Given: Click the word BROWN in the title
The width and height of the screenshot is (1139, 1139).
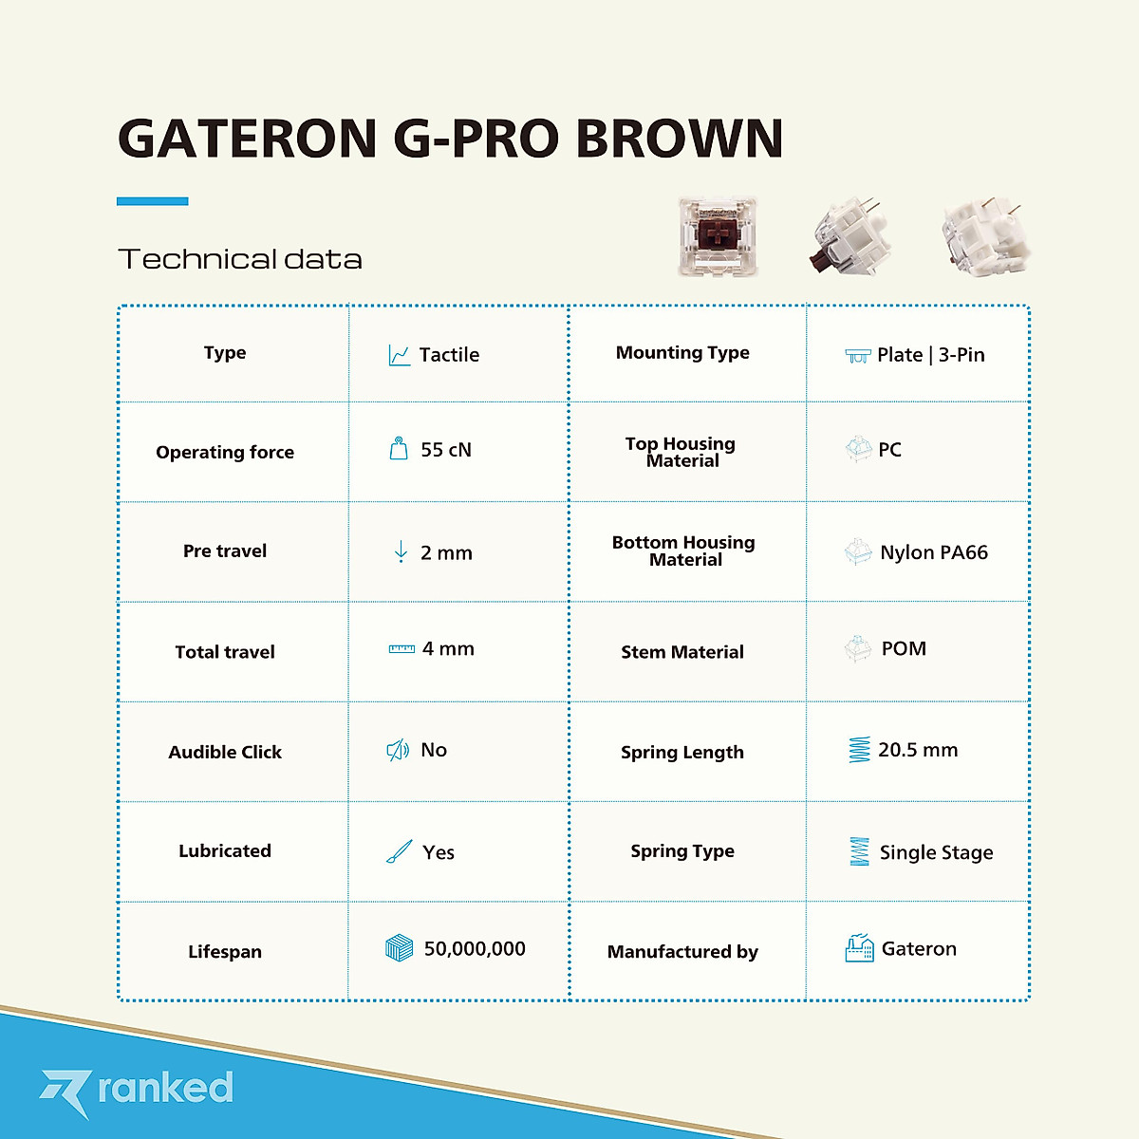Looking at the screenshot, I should pos(679,139).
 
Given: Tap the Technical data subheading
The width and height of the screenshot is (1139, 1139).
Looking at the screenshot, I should pos(239,259).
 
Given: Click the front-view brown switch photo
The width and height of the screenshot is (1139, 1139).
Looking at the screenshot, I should pos(718,237).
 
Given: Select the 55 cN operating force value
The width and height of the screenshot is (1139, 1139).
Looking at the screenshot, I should pos(446,450).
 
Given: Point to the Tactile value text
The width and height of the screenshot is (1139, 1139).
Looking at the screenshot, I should pos(449,355).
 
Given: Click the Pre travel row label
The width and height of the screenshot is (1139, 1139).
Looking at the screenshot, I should pos(225,551).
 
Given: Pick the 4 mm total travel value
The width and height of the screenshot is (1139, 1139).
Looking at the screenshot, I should pos(448,649).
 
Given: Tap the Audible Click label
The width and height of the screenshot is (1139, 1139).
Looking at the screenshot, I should pos(225,753).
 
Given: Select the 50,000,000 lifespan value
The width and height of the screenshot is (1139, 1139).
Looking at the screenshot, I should pos(475,949).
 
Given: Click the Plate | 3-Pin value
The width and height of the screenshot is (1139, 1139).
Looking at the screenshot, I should pos(930,355).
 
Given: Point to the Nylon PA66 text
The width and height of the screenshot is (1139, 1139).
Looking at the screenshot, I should pos(934,552).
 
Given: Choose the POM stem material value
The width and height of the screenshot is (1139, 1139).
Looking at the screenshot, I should pos(904,649).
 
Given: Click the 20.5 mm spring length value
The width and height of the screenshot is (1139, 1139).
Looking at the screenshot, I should pos(918,750).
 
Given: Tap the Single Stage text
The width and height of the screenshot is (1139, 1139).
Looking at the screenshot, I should pos(936,852).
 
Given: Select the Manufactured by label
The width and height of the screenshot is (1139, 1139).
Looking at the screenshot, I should pos(682,952).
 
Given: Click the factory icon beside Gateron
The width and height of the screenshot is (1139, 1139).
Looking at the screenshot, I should pos(859,948).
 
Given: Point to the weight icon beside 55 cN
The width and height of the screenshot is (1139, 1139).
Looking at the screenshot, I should pos(399,449).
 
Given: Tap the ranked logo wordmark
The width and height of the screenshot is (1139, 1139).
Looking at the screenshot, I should pos(165,1088).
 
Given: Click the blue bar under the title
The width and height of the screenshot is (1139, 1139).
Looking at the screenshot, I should pos(152,201).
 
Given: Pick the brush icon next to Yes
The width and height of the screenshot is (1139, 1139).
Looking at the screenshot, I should pos(399,851).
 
